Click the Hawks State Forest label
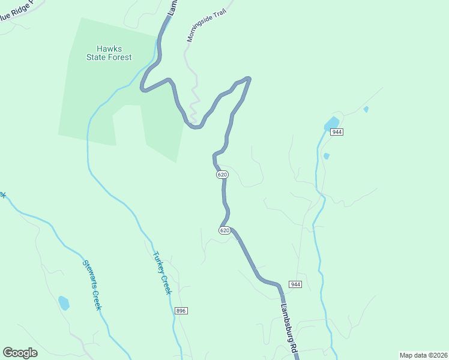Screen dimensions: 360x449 [114, 53]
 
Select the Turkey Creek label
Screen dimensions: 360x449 [162, 272]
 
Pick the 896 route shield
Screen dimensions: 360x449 [181, 311]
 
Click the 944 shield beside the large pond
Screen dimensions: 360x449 [336, 132]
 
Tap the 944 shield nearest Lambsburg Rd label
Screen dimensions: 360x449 [295, 284]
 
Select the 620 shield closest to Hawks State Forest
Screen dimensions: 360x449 [222, 175]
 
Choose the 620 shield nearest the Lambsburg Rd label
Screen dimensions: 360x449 [224, 230]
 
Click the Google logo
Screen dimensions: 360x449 [20, 353]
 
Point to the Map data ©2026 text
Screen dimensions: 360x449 [422, 355]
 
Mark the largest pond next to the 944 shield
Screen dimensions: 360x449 [331, 124]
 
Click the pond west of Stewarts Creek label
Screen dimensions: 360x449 [64, 303]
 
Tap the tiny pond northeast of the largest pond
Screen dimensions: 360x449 [366, 109]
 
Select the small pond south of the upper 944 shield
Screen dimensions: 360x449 [327, 156]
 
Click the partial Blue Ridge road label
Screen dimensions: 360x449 [18, 11]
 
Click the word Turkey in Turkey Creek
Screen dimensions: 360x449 [158, 261]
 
